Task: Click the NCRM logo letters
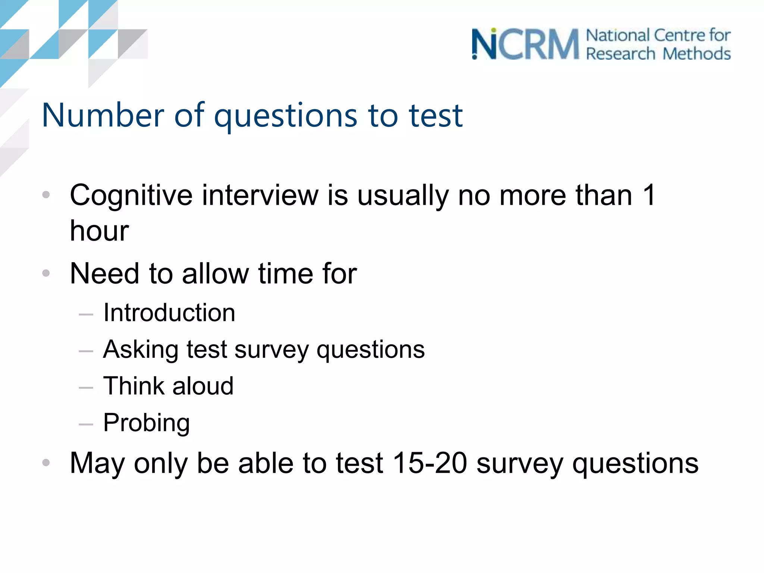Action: pyautogui.click(x=525, y=44)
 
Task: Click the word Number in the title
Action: pyautogui.click(x=103, y=115)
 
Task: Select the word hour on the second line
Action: pyautogui.click(x=99, y=231)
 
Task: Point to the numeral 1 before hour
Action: pyautogui.click(x=649, y=195)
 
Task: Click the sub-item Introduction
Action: pyautogui.click(x=169, y=313)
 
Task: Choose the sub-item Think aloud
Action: pyautogui.click(x=169, y=386)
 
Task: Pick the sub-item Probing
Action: pyautogui.click(x=147, y=423)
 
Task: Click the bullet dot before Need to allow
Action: pyautogui.click(x=46, y=273)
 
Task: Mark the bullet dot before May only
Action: pyautogui.click(x=46, y=463)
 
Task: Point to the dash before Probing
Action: pyautogui.click(x=86, y=424)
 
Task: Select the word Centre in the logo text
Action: pyautogui.click(x=679, y=35)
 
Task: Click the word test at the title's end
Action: pyautogui.click(x=436, y=115)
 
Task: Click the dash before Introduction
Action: pyautogui.click(x=86, y=314)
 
